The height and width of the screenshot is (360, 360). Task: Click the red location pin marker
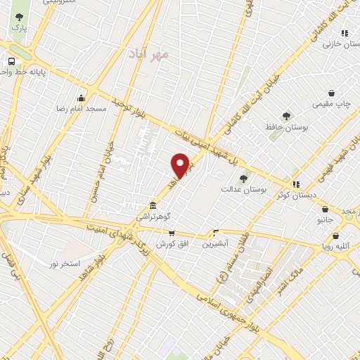pos(181,165)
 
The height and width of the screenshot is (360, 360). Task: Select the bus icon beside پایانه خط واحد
pos(11,61)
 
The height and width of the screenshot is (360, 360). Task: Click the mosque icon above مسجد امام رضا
pos(82,98)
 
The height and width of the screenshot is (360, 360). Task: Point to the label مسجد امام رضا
pos(82,110)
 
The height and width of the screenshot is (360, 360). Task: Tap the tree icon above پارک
pos(19,17)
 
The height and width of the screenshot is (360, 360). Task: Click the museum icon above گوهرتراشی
pos(153,205)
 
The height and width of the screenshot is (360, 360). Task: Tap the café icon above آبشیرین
pos(216,232)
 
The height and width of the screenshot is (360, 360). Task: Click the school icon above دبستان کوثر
pos(297,184)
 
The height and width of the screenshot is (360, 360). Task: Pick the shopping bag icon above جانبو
pos(326,208)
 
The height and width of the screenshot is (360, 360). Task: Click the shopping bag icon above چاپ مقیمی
pos(331,93)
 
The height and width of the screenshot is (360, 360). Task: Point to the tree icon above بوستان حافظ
pos(285,115)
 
